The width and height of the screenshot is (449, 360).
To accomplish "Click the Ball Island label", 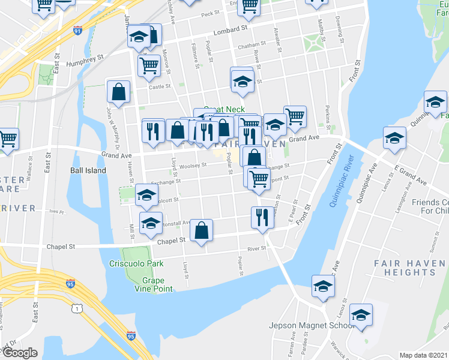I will click(88, 170).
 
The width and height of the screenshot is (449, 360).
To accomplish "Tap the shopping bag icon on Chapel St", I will click(202, 230).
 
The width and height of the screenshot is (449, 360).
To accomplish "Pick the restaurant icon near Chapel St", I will click(262, 217).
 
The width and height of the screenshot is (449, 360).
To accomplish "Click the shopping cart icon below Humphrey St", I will click(148, 65).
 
